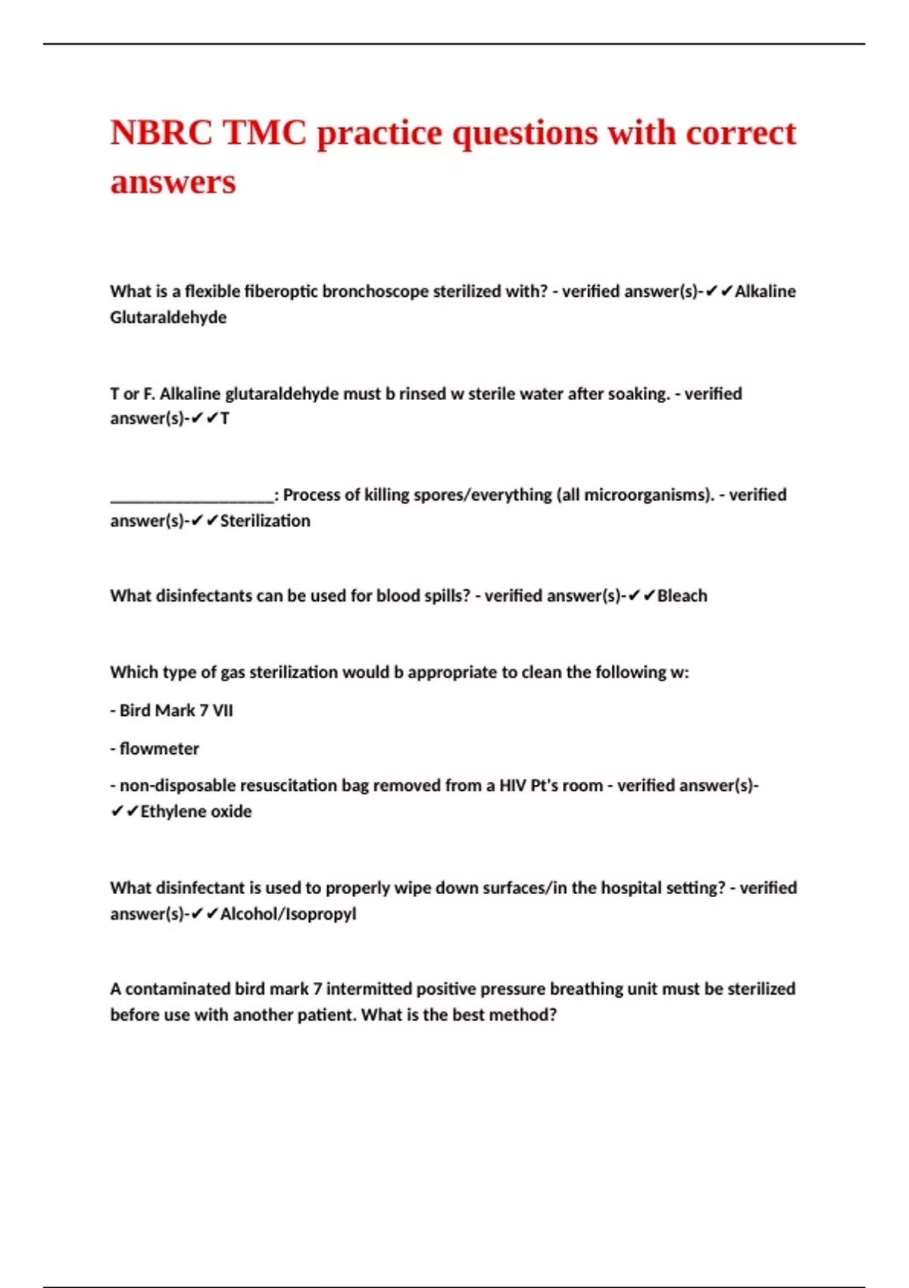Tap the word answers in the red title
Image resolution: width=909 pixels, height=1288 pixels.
(173, 182)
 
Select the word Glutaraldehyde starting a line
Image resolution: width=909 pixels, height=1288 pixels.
(168, 317)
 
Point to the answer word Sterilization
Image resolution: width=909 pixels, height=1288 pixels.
(265, 521)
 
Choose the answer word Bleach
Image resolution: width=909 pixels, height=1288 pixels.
(682, 596)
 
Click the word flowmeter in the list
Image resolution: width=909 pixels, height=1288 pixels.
(159, 749)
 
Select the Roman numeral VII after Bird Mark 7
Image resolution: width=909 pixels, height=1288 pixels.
(222, 711)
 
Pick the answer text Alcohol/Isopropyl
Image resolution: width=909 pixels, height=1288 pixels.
(288, 914)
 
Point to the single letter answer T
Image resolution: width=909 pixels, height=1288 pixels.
(225, 419)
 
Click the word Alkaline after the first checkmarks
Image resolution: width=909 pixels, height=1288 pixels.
(765, 292)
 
